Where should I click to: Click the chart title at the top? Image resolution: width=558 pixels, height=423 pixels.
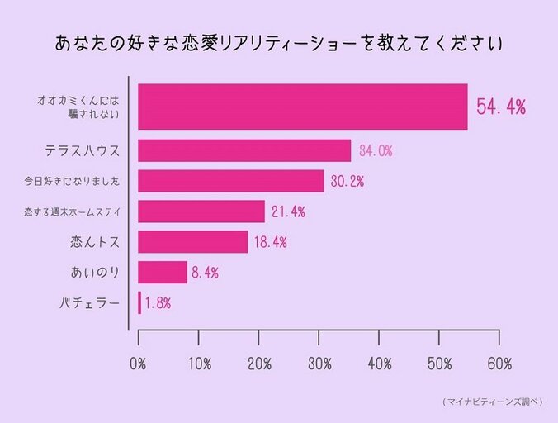pyautogui.click(x=279, y=43)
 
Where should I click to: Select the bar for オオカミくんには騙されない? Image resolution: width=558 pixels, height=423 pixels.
pyautogui.click(x=302, y=107)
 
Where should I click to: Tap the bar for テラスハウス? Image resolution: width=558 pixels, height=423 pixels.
pyautogui.click(x=244, y=150)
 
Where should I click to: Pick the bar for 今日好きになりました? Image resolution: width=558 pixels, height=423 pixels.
pyautogui.click(x=230, y=181)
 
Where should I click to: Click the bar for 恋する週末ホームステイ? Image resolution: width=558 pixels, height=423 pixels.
pyautogui.click(x=201, y=211)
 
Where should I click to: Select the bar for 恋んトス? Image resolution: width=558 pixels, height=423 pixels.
pyautogui.click(x=192, y=241)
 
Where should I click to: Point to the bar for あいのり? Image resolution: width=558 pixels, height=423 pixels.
pyautogui.click(x=162, y=272)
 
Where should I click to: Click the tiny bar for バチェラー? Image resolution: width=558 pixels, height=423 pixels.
pyautogui.click(x=139, y=302)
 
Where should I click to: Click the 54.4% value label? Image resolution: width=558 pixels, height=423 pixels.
pyautogui.click(x=501, y=107)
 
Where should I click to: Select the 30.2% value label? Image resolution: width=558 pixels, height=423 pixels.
pyautogui.click(x=347, y=181)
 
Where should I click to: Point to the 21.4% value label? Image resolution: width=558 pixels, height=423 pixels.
pyautogui.click(x=288, y=211)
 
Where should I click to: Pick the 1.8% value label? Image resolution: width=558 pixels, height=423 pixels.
pyautogui.click(x=157, y=302)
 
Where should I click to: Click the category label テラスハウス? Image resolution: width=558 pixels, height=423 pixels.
pyautogui.click(x=83, y=151)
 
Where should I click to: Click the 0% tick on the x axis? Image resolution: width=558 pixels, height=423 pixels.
pyautogui.click(x=138, y=364)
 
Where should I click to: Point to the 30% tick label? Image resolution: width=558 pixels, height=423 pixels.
pyautogui.click(x=319, y=364)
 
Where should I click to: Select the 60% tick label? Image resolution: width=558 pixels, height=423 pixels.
pyautogui.click(x=499, y=364)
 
